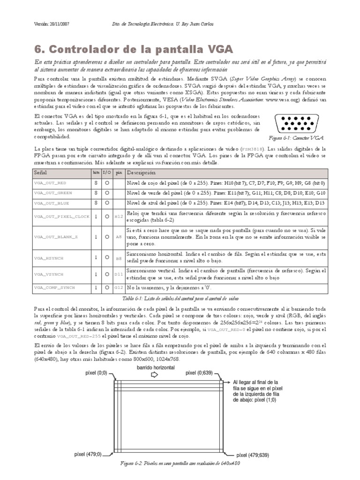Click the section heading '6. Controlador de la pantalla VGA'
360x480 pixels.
point(134,49)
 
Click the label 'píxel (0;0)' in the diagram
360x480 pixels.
point(97,373)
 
